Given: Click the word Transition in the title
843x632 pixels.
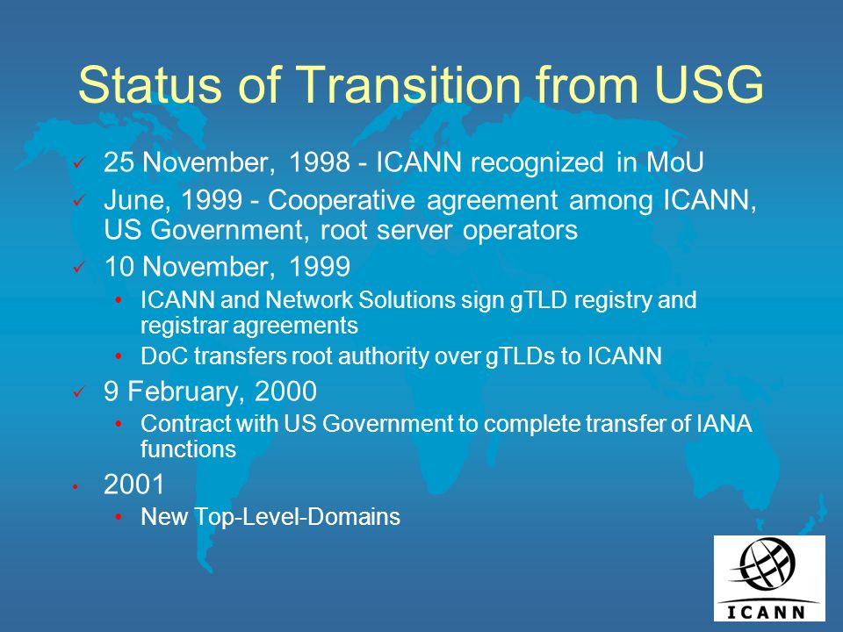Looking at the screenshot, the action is point(409,84).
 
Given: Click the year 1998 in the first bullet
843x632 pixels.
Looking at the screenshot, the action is point(320,162).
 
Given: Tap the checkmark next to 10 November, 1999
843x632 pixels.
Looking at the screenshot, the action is point(79,267).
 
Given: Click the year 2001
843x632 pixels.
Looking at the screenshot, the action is point(133,485).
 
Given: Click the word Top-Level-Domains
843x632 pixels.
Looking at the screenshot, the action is point(297,517).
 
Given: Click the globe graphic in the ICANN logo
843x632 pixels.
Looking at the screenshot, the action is point(765,564).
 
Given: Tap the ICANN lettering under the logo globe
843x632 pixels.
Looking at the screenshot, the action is point(766,612).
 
